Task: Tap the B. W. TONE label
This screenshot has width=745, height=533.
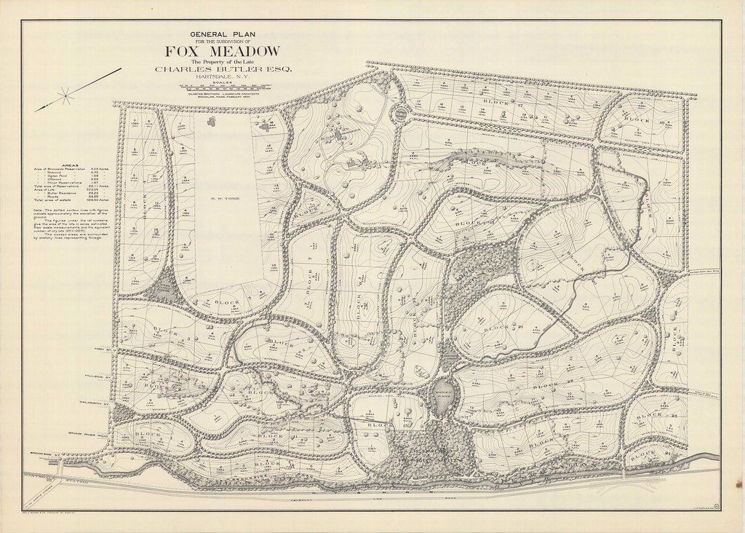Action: [221, 198]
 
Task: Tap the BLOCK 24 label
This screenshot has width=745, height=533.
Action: [643, 456]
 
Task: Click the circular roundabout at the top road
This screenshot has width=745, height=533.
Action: [401, 114]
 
